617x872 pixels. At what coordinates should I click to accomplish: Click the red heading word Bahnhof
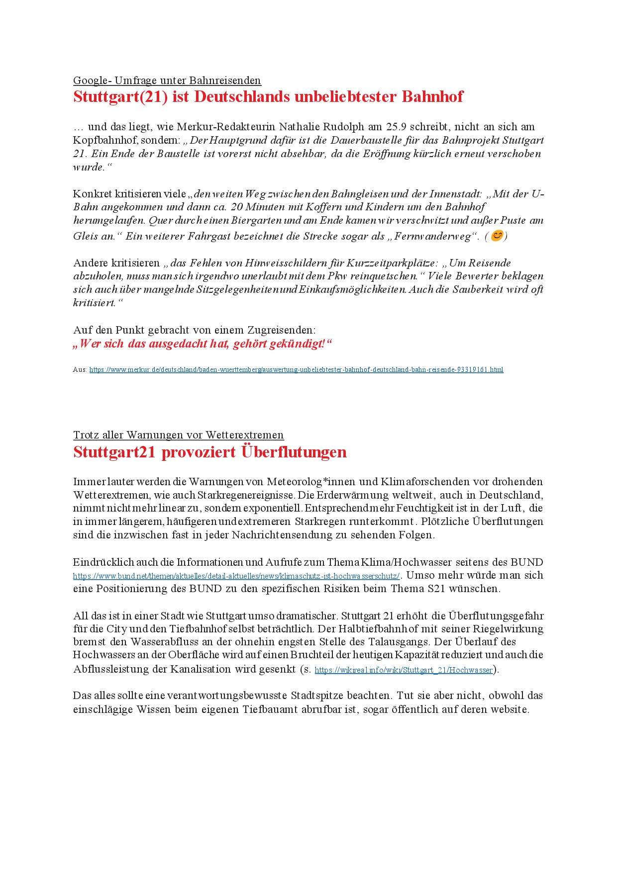pos(432,96)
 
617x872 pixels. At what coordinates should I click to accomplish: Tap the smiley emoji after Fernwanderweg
pos(497,236)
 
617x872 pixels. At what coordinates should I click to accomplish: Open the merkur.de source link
pos(296,370)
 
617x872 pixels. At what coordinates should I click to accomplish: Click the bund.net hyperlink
pos(236,576)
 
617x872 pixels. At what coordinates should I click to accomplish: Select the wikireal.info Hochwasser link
pos(404,670)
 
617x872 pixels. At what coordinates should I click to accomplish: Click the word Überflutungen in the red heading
pos(294,452)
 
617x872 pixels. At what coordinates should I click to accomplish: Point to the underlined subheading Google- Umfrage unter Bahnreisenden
pos(167,81)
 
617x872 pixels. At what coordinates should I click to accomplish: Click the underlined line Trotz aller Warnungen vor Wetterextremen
pos(178,435)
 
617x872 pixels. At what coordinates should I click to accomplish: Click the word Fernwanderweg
pos(433,236)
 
